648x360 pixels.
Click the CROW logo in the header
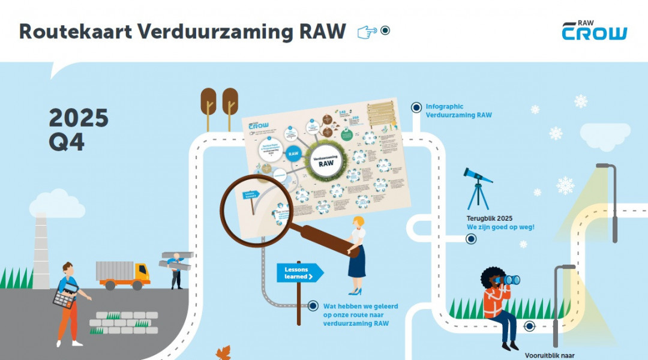(x=594, y=31)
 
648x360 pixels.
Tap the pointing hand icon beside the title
(x=367, y=32)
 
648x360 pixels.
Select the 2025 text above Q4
(x=79, y=118)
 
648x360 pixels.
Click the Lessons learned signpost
(x=299, y=274)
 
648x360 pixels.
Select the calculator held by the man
(x=65, y=296)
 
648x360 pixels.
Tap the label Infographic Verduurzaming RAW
(x=452, y=110)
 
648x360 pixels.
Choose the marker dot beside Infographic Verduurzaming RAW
(x=416, y=107)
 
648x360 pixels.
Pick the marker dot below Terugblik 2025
(x=471, y=239)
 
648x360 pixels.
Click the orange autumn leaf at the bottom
(x=223, y=353)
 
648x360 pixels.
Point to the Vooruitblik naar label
(x=549, y=355)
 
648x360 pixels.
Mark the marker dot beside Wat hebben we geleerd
(x=312, y=306)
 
